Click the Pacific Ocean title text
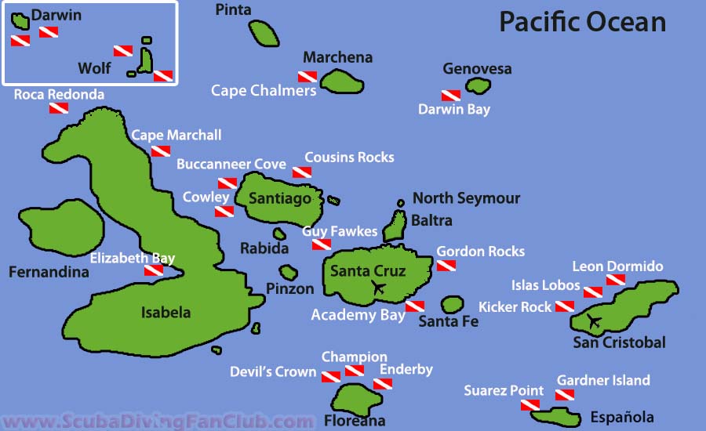(582, 21)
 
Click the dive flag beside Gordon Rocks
(446, 266)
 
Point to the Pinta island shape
(264, 33)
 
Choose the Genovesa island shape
(477, 85)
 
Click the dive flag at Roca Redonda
(59, 108)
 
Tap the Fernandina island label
(49, 273)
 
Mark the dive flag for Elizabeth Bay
(154, 270)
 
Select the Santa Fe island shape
(453, 304)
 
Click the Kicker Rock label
(515, 307)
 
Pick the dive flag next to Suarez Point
(530, 404)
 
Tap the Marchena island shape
(340, 81)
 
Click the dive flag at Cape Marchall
(161, 150)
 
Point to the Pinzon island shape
(289, 273)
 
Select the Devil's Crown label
(273, 371)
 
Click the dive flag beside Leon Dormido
(615, 281)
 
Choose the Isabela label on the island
(166, 313)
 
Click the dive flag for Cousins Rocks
(302, 172)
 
